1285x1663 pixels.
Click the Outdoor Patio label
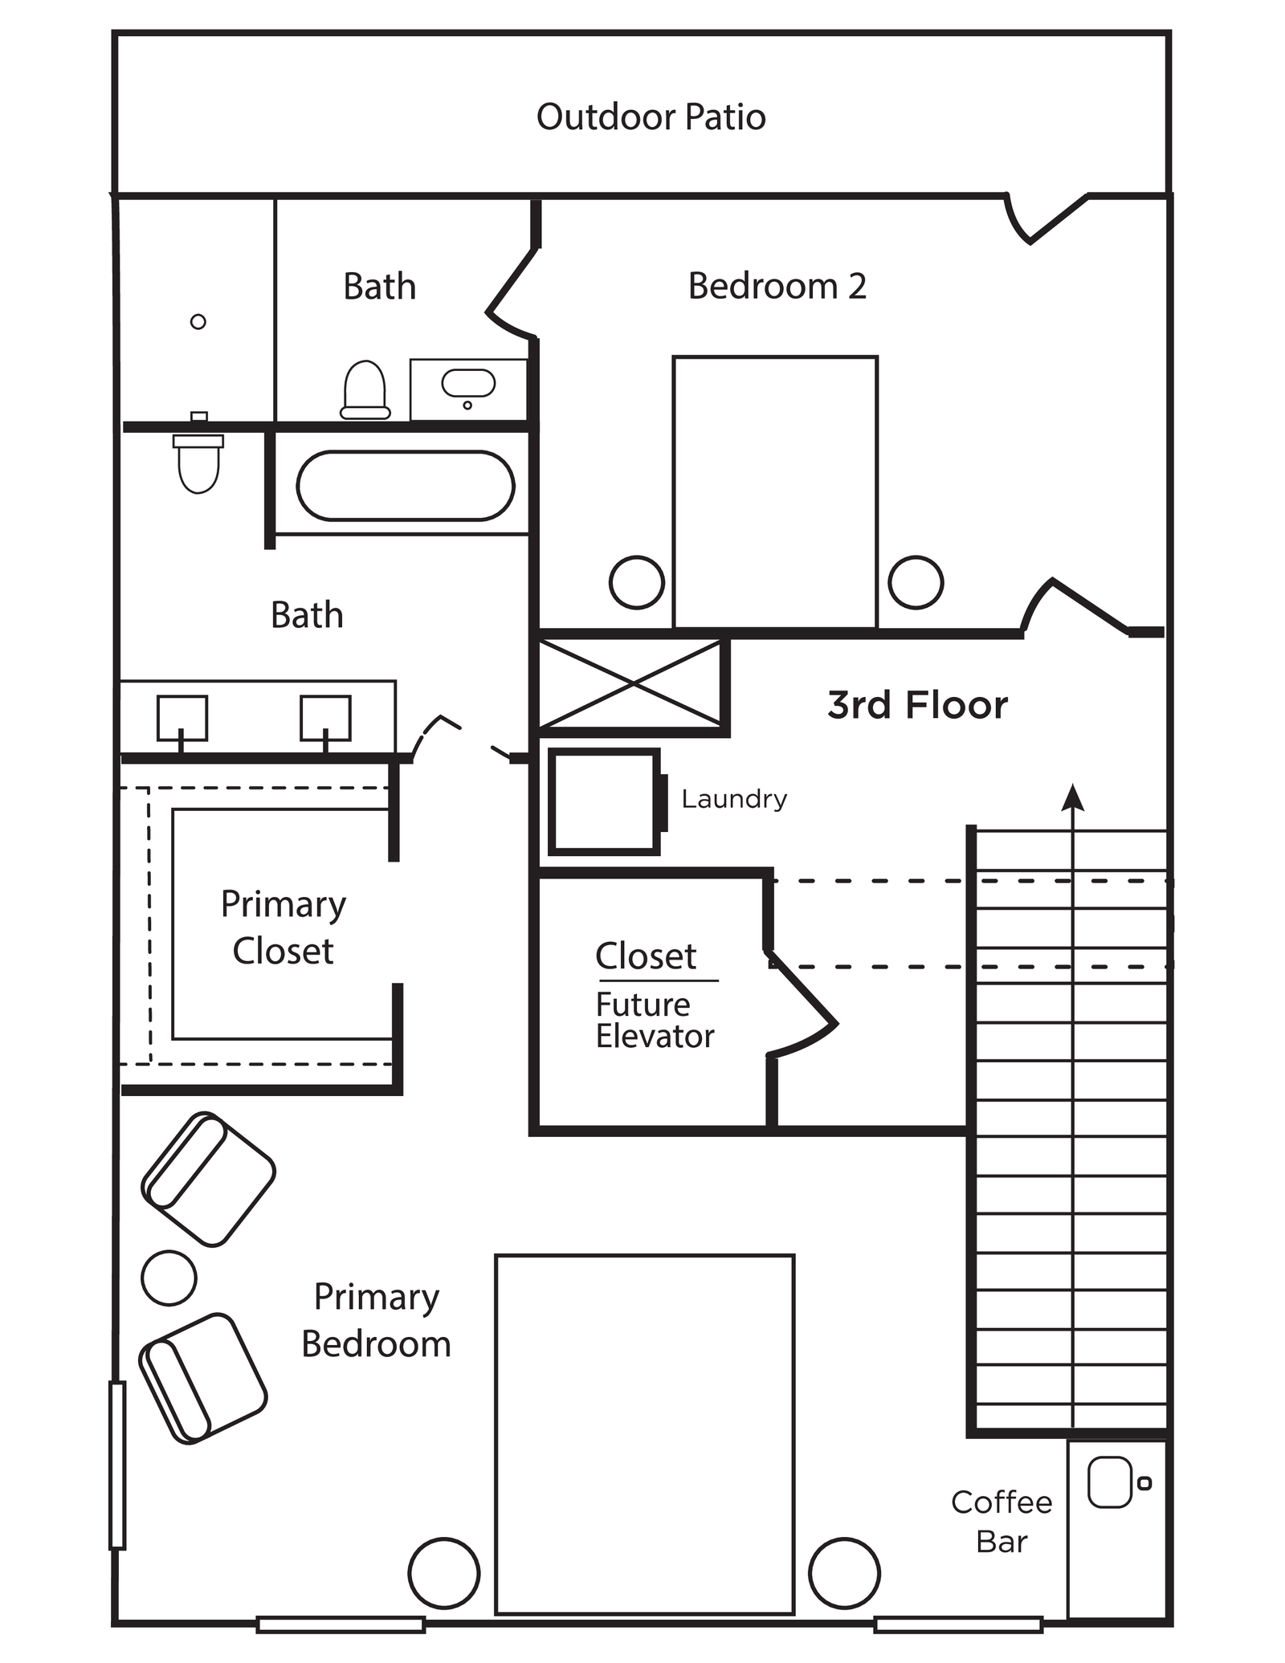click(651, 117)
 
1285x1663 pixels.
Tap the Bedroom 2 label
click(777, 287)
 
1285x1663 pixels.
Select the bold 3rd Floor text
click(917, 705)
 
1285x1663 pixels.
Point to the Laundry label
click(734, 799)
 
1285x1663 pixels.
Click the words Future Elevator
click(654, 1021)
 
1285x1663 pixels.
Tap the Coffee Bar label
click(1001, 1522)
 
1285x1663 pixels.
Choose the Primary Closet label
click(283, 927)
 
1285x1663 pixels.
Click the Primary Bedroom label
click(376, 1320)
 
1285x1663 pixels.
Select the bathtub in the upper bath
click(405, 486)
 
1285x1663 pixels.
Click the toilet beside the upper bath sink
click(365, 390)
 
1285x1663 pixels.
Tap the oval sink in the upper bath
click(468, 384)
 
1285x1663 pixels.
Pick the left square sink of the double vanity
click(182, 717)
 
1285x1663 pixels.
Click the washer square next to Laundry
click(604, 801)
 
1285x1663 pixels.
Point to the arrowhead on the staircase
click(1072, 797)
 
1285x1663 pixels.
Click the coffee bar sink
click(1109, 1482)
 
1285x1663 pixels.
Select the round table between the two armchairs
click(169, 1278)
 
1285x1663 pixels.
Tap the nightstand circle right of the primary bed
click(844, 1573)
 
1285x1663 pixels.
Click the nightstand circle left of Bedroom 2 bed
click(637, 582)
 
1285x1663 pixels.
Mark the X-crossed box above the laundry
click(632, 684)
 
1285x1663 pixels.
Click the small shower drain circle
click(198, 322)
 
